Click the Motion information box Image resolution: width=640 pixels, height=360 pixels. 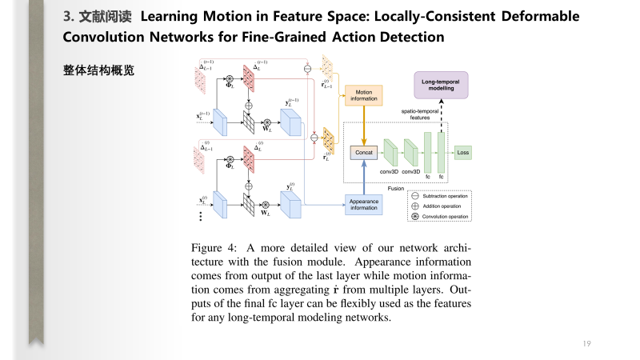pos(364,95)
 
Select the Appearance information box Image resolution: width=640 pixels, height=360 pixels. pos(364,205)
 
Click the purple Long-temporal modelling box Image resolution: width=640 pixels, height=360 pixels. pos(441,84)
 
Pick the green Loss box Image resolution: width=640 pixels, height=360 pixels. pos(463,150)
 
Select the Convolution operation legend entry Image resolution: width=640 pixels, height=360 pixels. pos(441,217)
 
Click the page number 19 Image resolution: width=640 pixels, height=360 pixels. pos(586,344)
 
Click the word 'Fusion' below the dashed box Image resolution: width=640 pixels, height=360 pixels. pos(395,189)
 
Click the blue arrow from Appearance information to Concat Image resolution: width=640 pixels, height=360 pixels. pos(364,176)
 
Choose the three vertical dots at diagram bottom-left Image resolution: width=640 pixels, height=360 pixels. pos(200,217)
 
